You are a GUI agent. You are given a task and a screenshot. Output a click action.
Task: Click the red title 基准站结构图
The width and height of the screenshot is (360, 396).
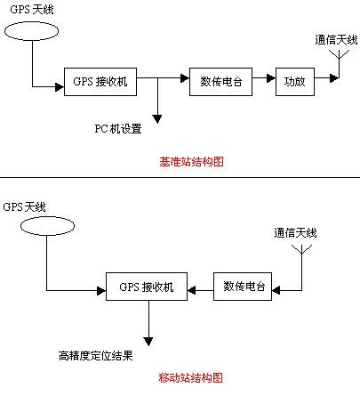[x=191, y=162]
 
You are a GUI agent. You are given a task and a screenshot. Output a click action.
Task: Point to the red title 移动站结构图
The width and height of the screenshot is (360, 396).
[x=190, y=378]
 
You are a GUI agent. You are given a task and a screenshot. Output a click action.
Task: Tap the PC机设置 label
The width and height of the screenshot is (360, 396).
[x=118, y=129]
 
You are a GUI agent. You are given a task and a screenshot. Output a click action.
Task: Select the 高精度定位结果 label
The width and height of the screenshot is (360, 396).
[x=95, y=356]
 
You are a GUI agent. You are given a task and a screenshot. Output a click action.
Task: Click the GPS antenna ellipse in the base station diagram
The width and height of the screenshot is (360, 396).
[x=31, y=22]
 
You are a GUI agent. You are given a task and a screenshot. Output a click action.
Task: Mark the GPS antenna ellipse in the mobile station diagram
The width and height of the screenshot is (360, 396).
[x=47, y=217]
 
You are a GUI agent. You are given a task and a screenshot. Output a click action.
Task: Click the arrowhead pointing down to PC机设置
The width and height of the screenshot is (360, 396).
[x=157, y=119]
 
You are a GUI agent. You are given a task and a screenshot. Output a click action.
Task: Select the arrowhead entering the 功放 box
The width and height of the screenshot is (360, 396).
[x=271, y=78]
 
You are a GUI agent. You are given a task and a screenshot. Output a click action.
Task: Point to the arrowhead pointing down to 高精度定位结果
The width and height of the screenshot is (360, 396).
[x=148, y=342]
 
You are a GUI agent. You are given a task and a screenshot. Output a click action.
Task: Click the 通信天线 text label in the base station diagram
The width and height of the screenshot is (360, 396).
[x=336, y=40]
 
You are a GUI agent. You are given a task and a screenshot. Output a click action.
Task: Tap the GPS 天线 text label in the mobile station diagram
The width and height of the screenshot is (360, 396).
[x=24, y=206]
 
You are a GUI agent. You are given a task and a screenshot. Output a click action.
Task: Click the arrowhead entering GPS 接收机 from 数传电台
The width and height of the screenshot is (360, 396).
[x=192, y=290]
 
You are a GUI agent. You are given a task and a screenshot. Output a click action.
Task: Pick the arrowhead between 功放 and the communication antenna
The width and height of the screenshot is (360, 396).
[x=334, y=78]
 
